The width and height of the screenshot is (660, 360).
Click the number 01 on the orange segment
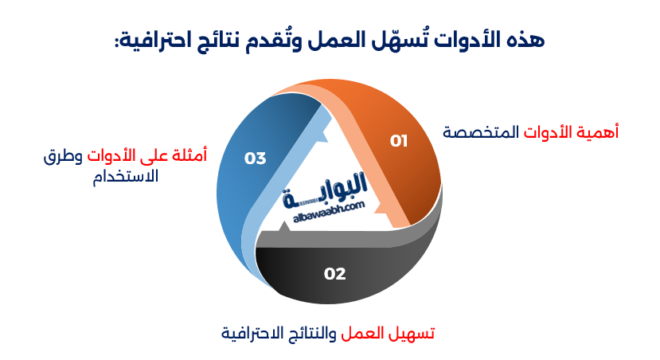(399, 141)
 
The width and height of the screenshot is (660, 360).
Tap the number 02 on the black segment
(335, 274)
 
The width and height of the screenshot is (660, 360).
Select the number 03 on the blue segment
(255, 158)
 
